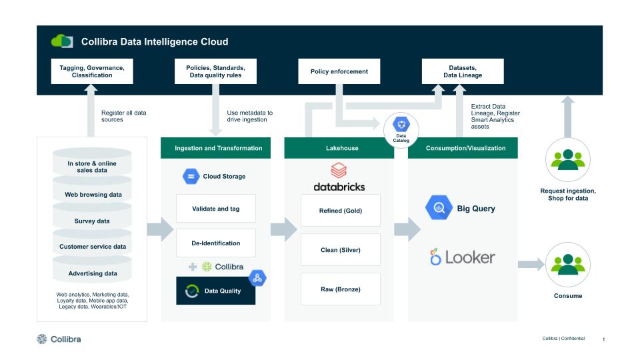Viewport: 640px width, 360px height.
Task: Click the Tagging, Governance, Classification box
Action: pyautogui.click(x=92, y=71)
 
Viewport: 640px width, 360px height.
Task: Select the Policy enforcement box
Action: pyautogui.click(x=339, y=71)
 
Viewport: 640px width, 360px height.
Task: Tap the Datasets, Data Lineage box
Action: pyautogui.click(x=463, y=71)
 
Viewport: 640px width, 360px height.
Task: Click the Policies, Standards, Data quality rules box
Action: pyautogui.click(x=215, y=71)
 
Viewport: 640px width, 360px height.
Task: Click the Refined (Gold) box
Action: pyautogui.click(x=340, y=210)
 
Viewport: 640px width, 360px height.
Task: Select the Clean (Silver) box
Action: pyautogui.click(x=340, y=250)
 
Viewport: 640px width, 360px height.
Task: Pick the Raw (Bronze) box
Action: pyautogui.click(x=340, y=289)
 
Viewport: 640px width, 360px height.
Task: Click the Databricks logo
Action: pyautogui.click(x=339, y=177)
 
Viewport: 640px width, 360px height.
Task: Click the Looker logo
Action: pyautogui.click(x=463, y=257)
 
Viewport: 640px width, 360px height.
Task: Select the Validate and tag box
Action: pyautogui.click(x=215, y=209)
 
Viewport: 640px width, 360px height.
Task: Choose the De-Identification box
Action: pyautogui.click(x=215, y=243)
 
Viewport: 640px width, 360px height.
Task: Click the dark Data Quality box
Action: pyautogui.click(x=215, y=291)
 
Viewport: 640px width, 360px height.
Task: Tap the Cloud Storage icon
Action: pyautogui.click(x=191, y=177)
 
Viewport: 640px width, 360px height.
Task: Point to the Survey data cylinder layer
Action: pyautogui.click(x=92, y=221)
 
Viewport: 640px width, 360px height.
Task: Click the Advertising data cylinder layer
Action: pyautogui.click(x=92, y=273)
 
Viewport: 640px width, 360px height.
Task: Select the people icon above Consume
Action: pyautogui.click(x=567, y=264)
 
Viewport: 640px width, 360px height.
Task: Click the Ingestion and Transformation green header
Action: pyautogui.click(x=215, y=148)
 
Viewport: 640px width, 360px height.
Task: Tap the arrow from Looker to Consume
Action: pyautogui.click(x=531, y=265)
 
